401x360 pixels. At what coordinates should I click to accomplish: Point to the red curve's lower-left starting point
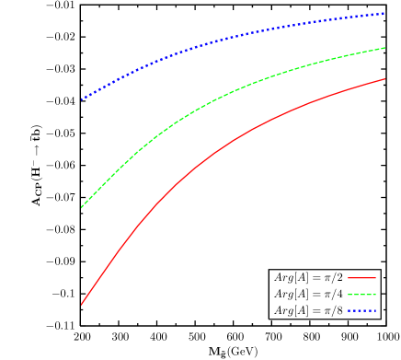81,305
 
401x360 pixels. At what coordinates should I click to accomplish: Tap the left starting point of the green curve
81,208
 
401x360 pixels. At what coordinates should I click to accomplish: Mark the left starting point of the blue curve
81,99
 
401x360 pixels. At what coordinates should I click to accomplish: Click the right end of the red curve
384,79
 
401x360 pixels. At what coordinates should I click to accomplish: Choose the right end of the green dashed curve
384,48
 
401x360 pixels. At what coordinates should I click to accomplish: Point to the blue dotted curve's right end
384,14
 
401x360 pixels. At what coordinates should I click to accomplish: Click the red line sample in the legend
361,278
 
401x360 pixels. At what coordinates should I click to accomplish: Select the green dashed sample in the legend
361,295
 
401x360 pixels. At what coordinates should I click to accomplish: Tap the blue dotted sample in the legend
361,311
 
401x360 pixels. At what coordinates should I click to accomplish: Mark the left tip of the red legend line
348,278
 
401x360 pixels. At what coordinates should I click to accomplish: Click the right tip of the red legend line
375,278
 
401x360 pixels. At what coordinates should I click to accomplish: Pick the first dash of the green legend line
350,295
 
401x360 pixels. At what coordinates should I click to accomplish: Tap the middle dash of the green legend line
361,295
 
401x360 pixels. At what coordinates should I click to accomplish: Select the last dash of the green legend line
372,295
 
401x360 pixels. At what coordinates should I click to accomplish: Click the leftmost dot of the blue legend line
349,311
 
